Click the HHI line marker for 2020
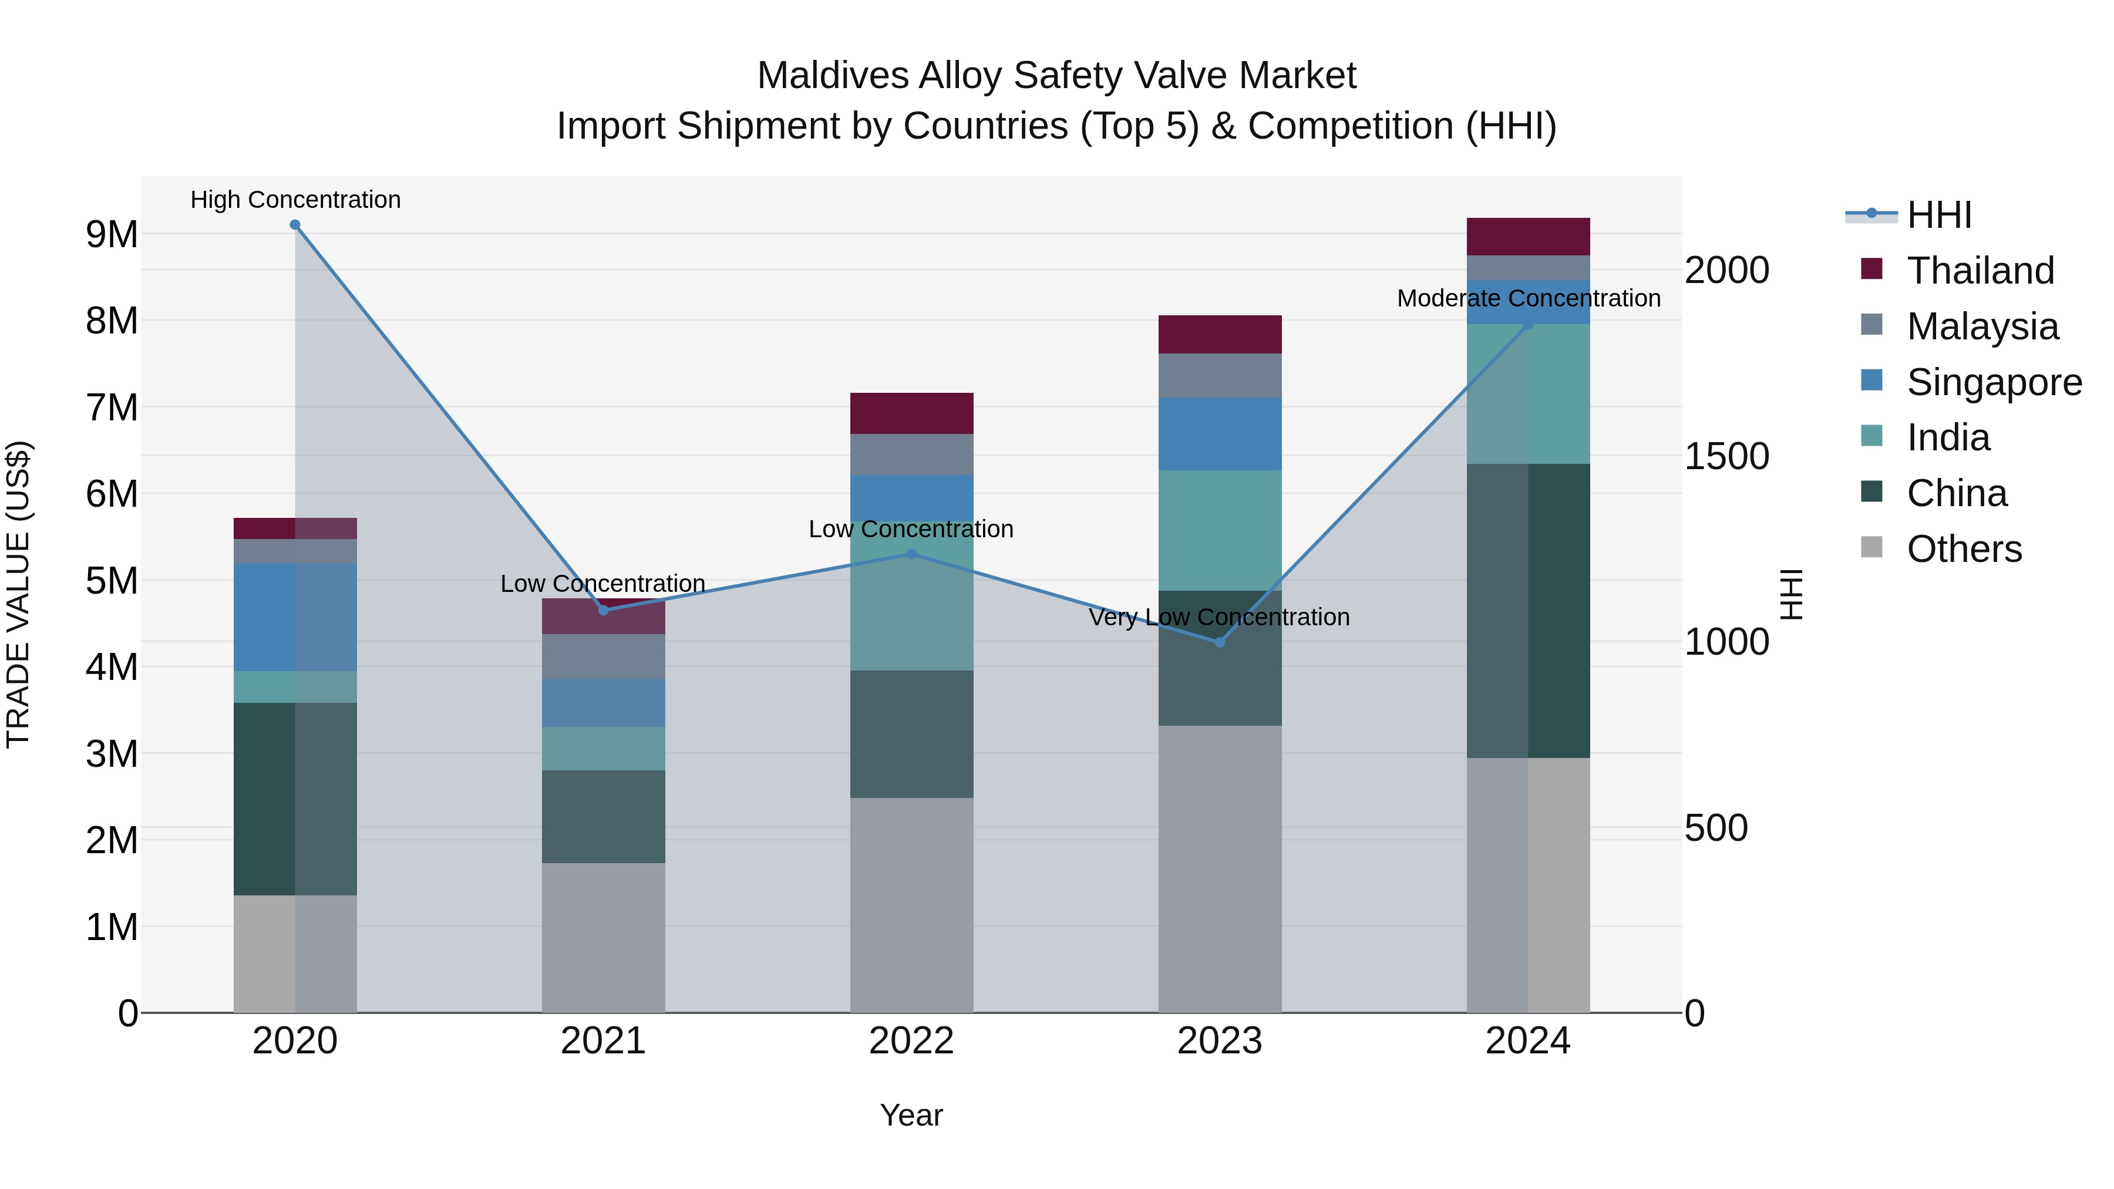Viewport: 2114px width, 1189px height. pyautogui.click(x=295, y=225)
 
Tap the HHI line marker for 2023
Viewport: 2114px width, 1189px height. pyautogui.click(x=1220, y=642)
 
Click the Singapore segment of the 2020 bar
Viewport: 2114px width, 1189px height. pyautogui.click(x=295, y=617)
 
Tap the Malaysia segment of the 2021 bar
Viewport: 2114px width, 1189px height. pyautogui.click(x=603, y=656)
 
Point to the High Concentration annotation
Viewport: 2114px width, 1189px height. pyautogui.click(x=295, y=200)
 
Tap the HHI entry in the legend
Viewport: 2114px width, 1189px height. pyautogui.click(x=1938, y=215)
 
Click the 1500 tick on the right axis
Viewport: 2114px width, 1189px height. pyautogui.click(x=1726, y=456)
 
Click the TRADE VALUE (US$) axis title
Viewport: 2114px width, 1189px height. pyautogui.click(x=18, y=594)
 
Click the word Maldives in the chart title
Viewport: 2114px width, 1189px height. pyautogui.click(x=832, y=76)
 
